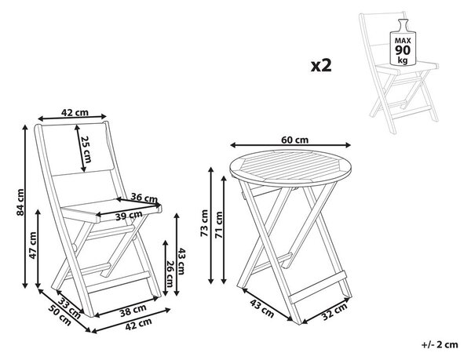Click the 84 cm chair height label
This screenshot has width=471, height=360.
(x=20, y=202)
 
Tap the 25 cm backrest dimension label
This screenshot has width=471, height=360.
(x=86, y=149)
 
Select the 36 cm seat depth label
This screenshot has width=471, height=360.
(x=144, y=198)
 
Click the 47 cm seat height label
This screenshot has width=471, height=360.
(x=32, y=245)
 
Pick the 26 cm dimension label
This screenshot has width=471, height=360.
(x=169, y=274)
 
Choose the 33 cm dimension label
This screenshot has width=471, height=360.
(x=69, y=308)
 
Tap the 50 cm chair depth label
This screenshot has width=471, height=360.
(x=60, y=315)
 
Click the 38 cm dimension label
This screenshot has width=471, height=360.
(x=133, y=311)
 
